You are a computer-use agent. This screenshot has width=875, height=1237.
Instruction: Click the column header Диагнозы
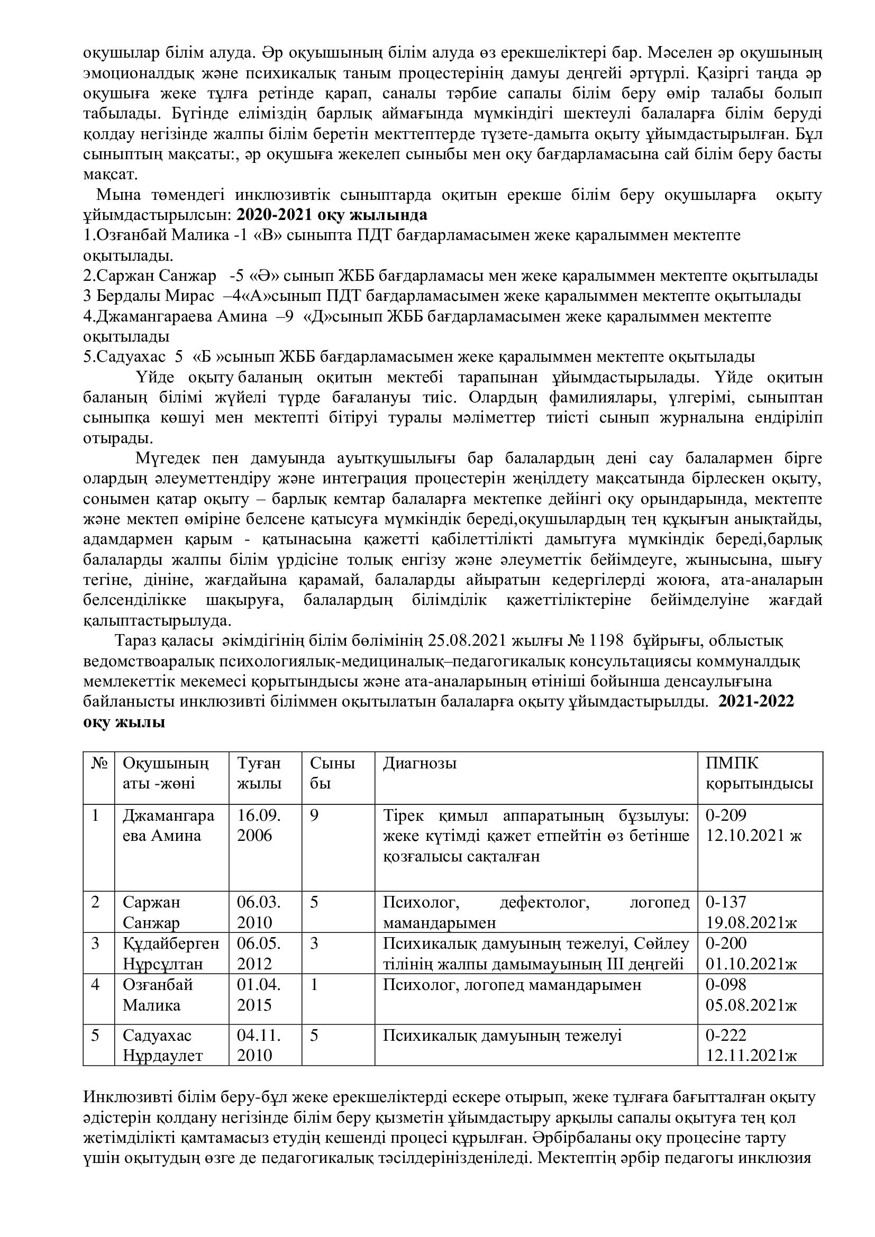[419, 764]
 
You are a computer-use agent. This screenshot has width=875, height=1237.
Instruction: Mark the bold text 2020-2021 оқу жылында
[332, 215]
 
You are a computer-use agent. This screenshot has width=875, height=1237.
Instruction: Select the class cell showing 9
[314, 815]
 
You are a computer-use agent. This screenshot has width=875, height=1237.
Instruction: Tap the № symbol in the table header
[98, 764]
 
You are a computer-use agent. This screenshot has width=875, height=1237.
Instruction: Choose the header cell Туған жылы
[259, 773]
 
